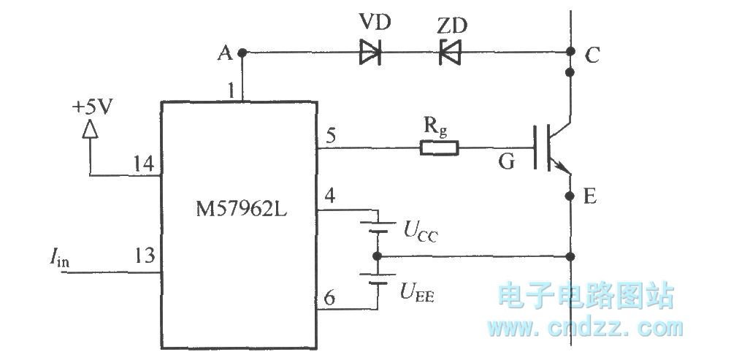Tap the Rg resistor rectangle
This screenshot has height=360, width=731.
439,149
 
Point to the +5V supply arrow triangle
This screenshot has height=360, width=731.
89,129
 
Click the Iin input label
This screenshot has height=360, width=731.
56,256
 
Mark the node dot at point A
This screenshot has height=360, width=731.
242,53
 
